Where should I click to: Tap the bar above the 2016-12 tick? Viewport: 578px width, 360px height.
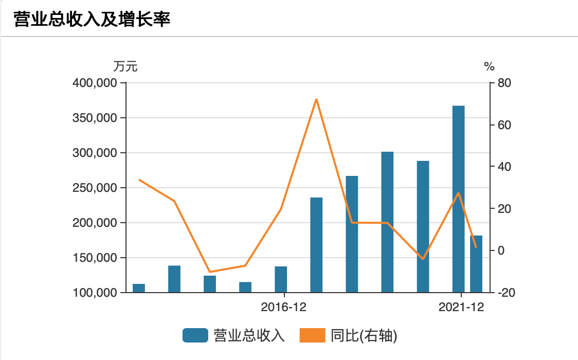[x=281, y=279]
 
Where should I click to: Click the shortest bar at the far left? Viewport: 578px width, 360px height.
[x=139, y=288]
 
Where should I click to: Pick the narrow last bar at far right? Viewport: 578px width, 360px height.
[x=476, y=264]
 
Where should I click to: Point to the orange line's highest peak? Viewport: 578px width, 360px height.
[x=316, y=99]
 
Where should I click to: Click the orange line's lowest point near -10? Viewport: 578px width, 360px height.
[x=209, y=272]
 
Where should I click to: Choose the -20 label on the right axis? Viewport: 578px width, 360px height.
[x=500, y=293]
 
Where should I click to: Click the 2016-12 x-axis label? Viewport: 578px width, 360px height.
[x=283, y=308]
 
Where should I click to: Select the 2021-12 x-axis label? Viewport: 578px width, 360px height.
[x=461, y=308]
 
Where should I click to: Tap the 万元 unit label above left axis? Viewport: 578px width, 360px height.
[x=125, y=66]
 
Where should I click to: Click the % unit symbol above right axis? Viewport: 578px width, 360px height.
[x=489, y=66]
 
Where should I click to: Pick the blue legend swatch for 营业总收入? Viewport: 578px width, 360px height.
[x=195, y=336]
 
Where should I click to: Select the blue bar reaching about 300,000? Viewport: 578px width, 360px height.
[x=387, y=222]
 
